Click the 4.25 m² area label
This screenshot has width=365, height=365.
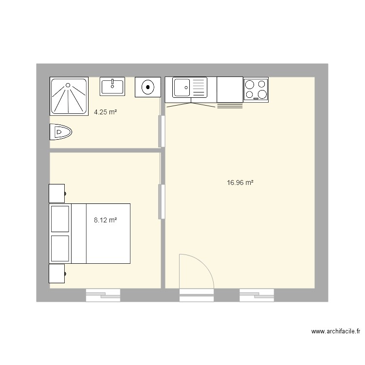point(106,112)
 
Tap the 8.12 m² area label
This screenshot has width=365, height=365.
point(106,220)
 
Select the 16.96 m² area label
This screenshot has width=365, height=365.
point(240,183)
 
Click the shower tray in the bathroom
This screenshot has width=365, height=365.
point(69,95)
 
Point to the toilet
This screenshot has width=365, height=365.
point(60,132)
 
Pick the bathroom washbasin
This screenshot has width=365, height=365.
point(112,86)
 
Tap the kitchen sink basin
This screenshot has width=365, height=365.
point(182,88)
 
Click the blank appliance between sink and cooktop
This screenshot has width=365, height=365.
point(229,90)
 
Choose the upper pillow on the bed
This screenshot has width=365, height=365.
point(60,219)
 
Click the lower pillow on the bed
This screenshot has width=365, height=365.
point(60,249)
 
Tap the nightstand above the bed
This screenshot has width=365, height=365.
point(57,193)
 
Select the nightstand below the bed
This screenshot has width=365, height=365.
point(57,274)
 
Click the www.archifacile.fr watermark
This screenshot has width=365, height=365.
point(336,331)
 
